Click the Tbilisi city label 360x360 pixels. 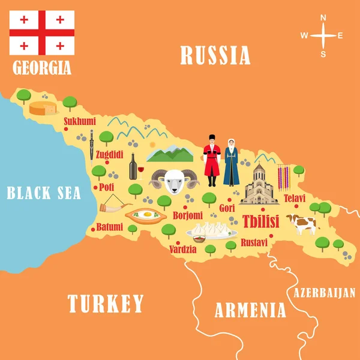260,221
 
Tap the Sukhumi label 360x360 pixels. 80,121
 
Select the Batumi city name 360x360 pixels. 109,227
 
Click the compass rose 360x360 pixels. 322,35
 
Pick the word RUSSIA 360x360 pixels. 215,56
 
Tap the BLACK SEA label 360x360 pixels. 43,193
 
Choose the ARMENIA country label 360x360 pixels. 250,310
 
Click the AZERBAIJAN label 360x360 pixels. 324,293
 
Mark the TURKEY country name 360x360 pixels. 106,304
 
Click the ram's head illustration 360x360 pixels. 174,180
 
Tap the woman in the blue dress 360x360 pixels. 231,163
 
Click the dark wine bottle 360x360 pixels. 133,166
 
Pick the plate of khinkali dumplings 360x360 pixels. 211,230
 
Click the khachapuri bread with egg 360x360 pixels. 145,215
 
